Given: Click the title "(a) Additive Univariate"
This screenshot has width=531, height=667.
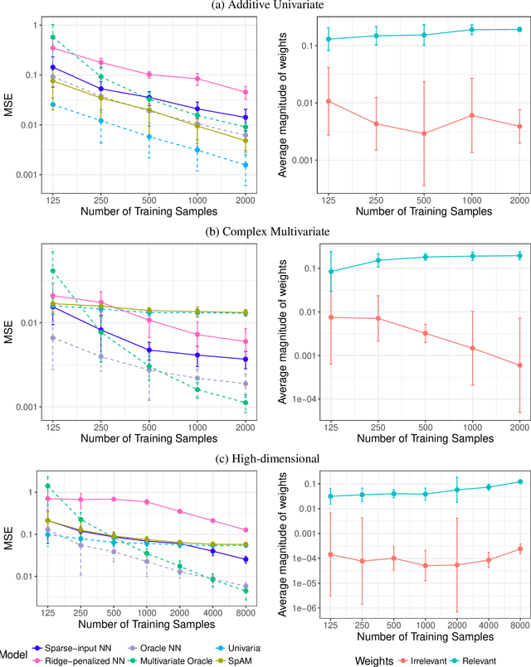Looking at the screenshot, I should [x=265, y=7].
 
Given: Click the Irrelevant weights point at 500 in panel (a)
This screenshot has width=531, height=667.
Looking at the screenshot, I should [x=424, y=133].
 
